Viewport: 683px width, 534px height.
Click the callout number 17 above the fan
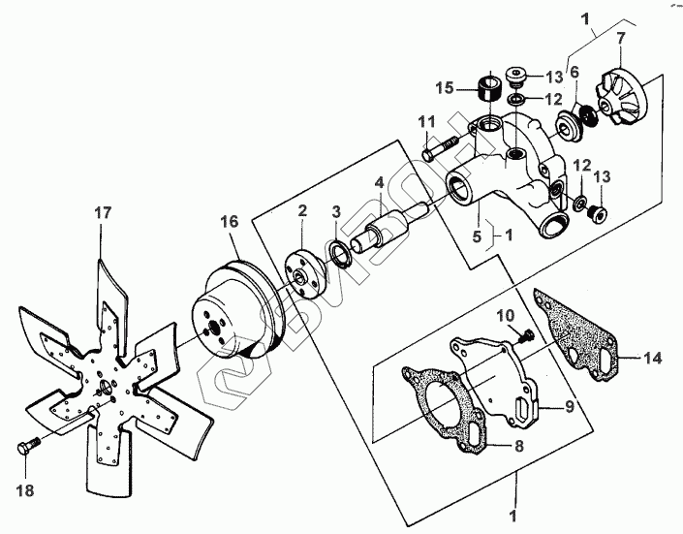[x=104, y=213]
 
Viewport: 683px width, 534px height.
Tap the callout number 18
[x=25, y=490]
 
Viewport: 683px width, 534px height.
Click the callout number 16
[x=230, y=221]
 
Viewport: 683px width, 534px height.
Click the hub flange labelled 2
[x=305, y=274]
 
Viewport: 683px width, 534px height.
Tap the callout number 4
[x=380, y=182]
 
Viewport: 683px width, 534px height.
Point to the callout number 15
[x=445, y=87]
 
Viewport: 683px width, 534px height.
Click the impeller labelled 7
[x=622, y=98]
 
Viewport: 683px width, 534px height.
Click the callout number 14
[x=653, y=358]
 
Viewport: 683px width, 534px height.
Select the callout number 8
[x=518, y=447]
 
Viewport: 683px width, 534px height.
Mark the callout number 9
[x=570, y=406]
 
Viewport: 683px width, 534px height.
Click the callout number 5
[x=478, y=236]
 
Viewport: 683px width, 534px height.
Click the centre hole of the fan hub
[x=106, y=387]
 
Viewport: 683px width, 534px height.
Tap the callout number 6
[x=574, y=73]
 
